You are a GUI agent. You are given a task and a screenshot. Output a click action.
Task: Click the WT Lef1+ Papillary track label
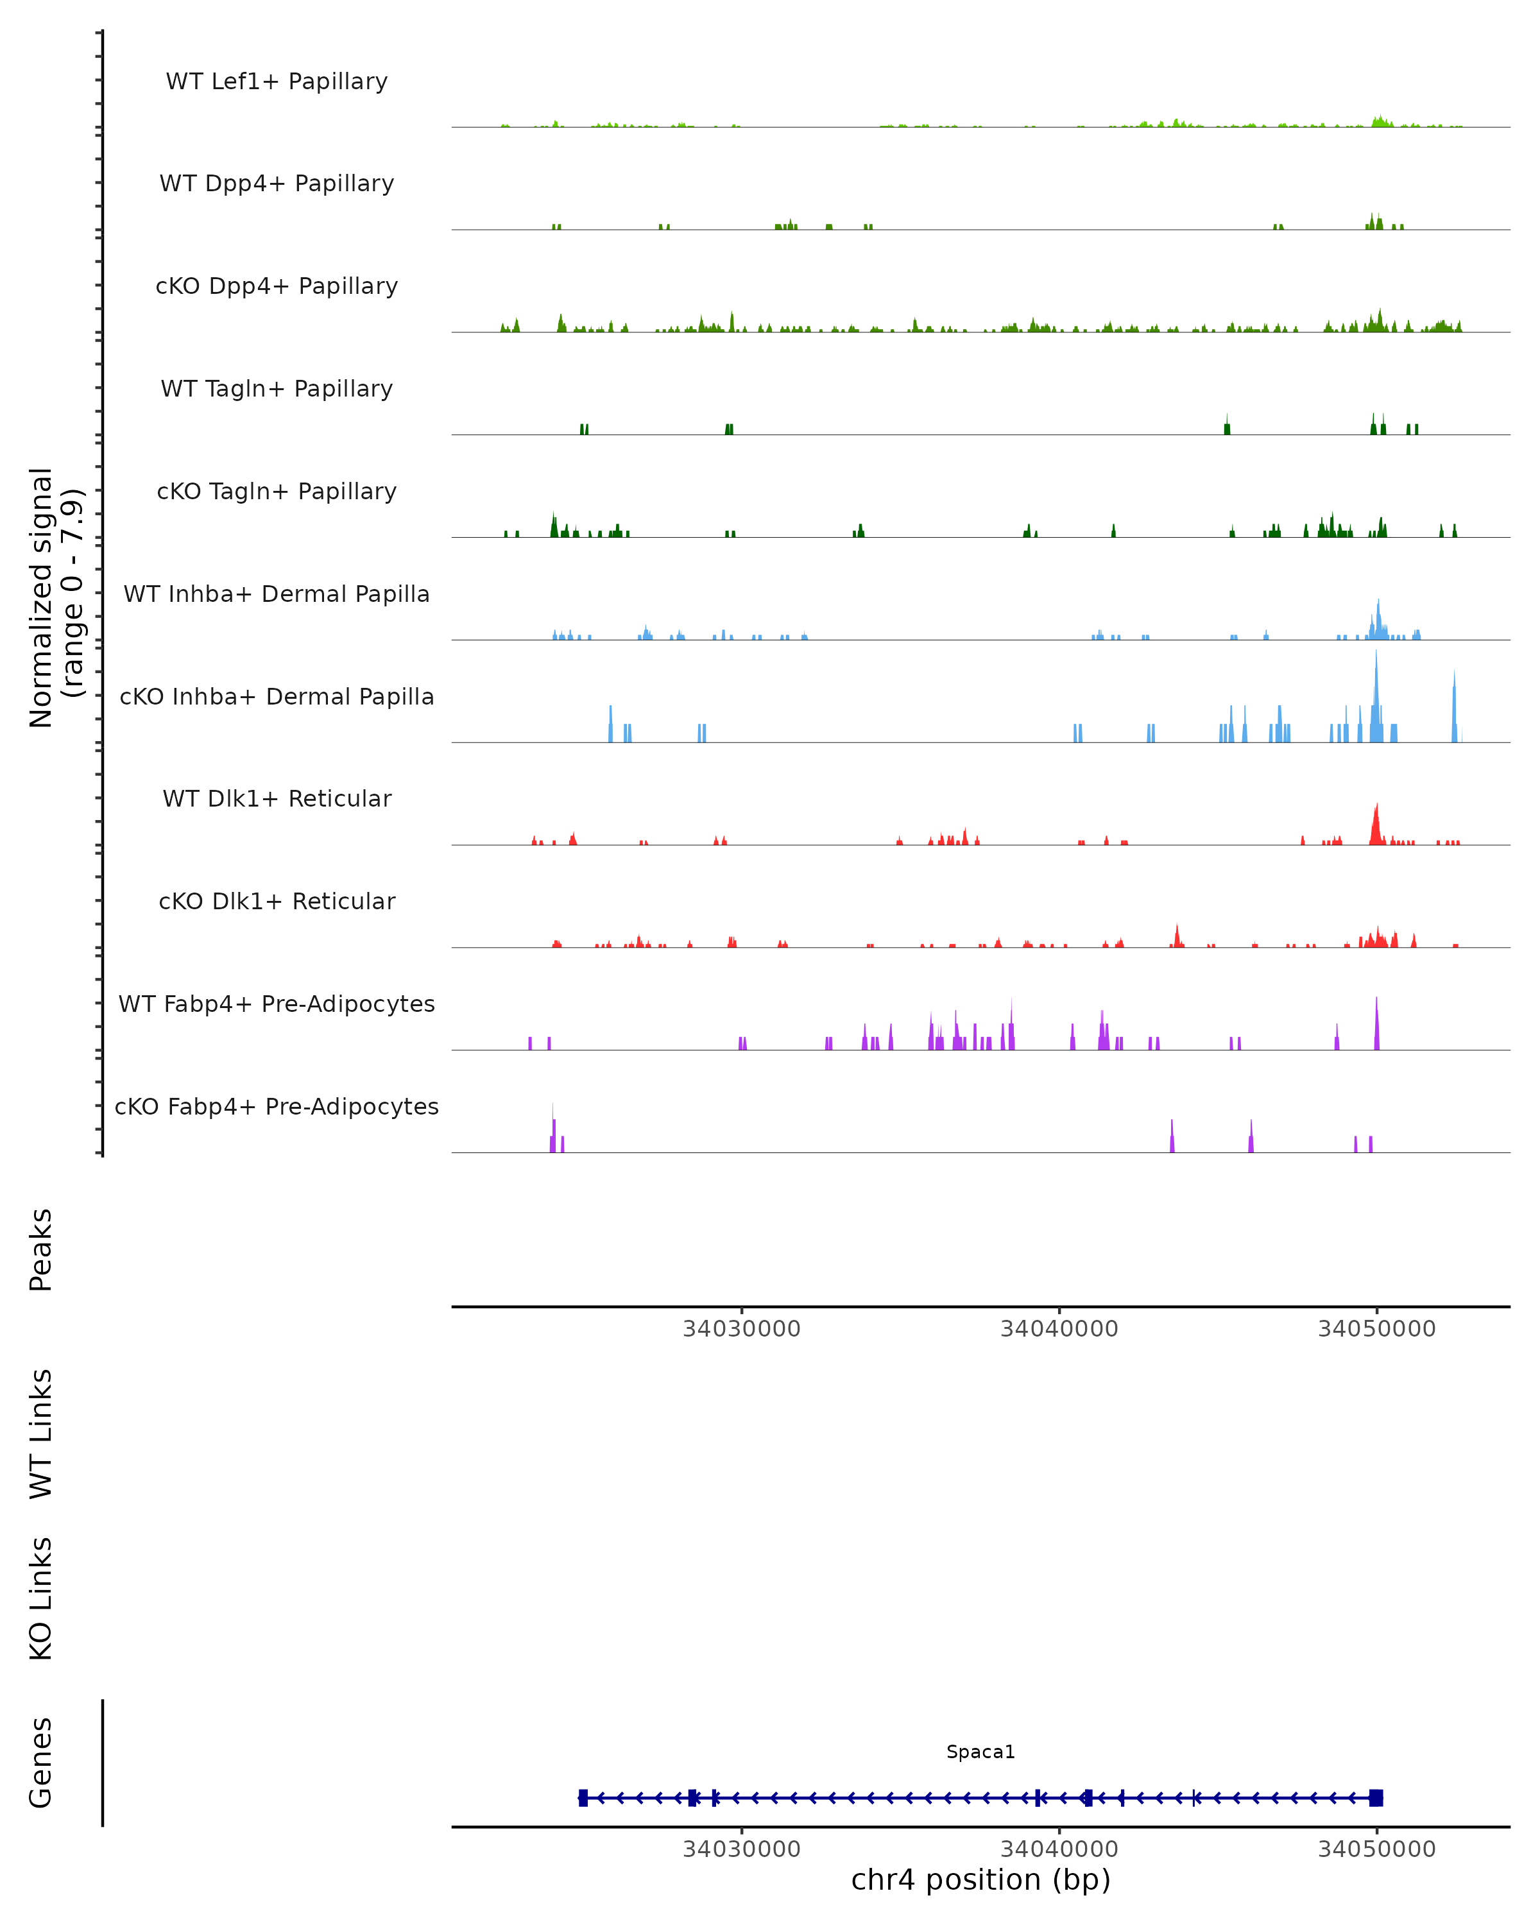click(277, 81)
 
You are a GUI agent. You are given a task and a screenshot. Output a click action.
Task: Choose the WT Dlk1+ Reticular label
click(277, 798)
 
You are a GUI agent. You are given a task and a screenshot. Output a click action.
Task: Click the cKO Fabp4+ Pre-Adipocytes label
click(277, 1106)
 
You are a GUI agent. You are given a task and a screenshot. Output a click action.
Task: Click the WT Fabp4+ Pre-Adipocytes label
click(277, 1004)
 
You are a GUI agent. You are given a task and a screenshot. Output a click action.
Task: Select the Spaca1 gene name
click(980, 1752)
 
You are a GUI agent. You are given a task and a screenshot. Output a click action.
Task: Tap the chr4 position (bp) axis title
click(980, 1879)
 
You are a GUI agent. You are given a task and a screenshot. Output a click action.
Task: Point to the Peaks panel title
click(41, 1249)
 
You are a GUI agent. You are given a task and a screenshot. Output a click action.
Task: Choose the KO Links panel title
click(41, 1598)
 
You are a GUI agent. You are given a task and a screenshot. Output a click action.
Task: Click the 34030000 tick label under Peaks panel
click(741, 1329)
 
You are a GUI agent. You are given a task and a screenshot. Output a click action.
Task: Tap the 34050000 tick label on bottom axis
click(1376, 1849)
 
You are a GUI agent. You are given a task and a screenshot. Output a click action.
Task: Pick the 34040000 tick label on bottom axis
click(1059, 1849)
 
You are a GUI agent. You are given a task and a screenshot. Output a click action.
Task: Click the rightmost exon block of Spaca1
click(1376, 1797)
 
